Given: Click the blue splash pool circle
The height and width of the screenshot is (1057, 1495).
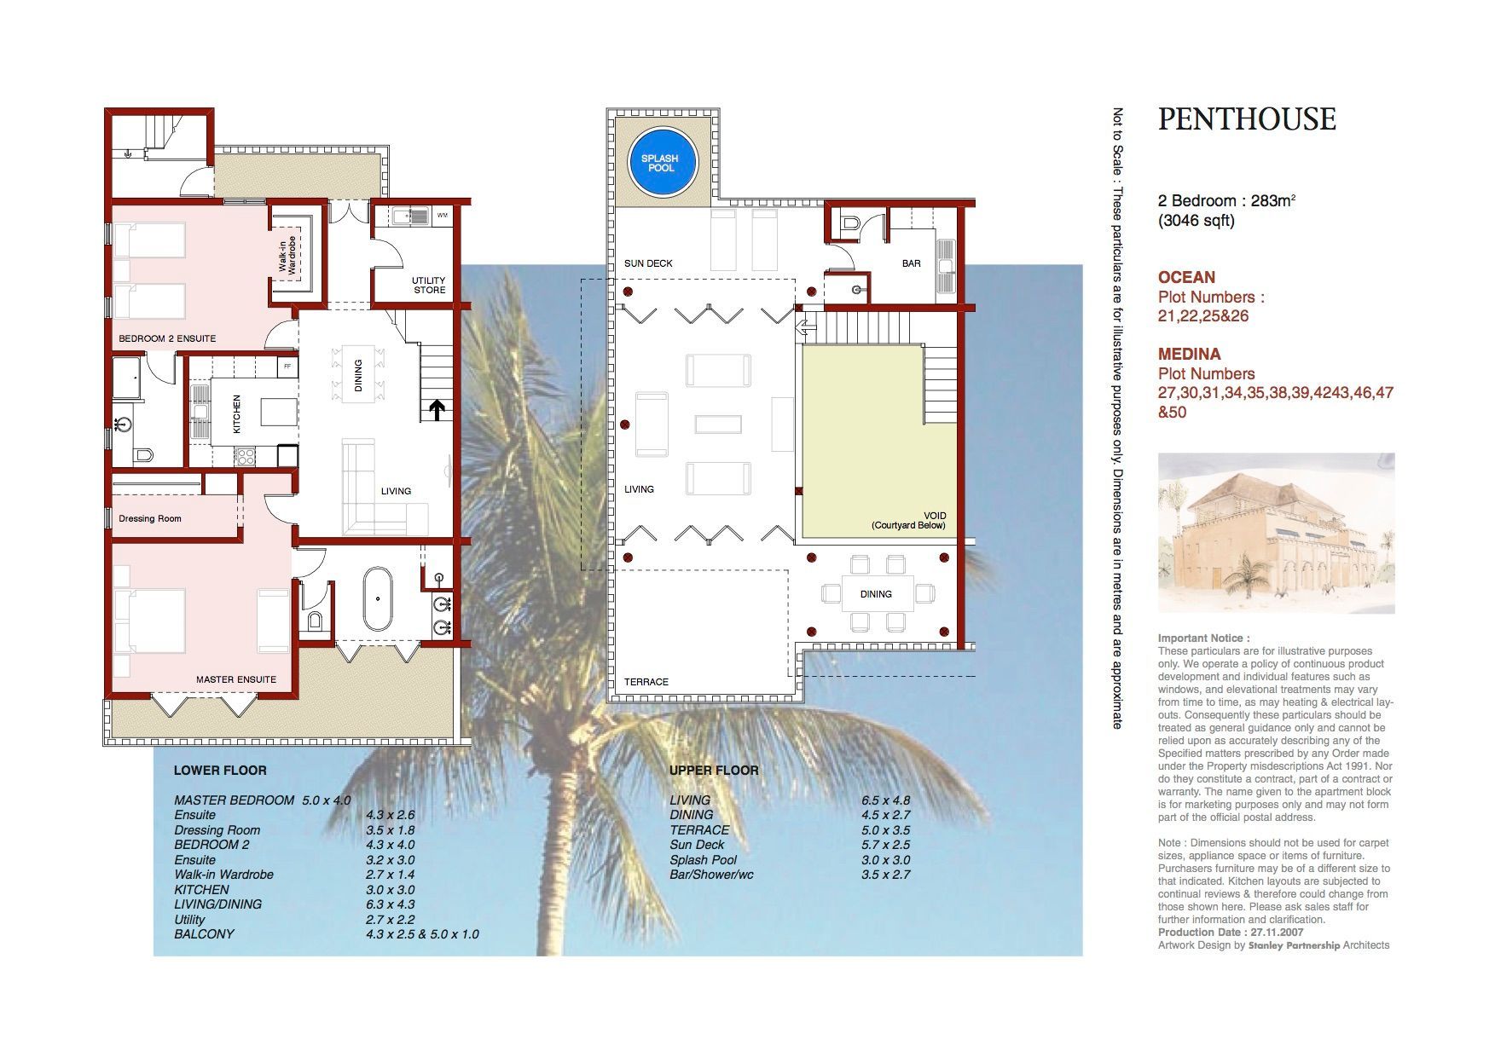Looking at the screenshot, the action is tap(661, 162).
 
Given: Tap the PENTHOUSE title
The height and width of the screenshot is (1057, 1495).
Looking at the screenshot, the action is tap(1247, 119).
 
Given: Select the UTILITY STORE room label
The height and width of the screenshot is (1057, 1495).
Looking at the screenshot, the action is tap(429, 286).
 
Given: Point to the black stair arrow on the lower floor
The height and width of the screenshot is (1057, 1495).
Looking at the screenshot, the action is tap(437, 411).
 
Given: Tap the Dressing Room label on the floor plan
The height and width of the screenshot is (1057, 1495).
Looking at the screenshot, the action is tap(150, 518).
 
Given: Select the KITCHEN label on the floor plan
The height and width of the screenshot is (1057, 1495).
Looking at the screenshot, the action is tap(237, 413).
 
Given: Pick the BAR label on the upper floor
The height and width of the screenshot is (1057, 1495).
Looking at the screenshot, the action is tap(912, 263).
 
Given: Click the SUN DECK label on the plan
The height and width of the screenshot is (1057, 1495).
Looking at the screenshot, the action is tap(648, 263).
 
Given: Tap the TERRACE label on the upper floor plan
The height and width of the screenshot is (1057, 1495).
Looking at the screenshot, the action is tap(646, 682).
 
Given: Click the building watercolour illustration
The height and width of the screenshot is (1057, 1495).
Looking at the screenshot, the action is tap(1276, 533).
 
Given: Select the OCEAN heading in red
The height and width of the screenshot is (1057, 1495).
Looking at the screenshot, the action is tap(1186, 277).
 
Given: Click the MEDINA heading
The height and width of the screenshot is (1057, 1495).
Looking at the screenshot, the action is tap(1189, 354).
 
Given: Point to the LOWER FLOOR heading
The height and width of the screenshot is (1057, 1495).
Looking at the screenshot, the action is tap(220, 771).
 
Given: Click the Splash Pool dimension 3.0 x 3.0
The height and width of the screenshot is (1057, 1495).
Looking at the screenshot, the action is tap(885, 860).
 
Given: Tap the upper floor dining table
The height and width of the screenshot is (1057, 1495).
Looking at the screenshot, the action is tap(877, 594).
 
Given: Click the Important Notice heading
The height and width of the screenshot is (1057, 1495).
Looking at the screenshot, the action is tap(1204, 638).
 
